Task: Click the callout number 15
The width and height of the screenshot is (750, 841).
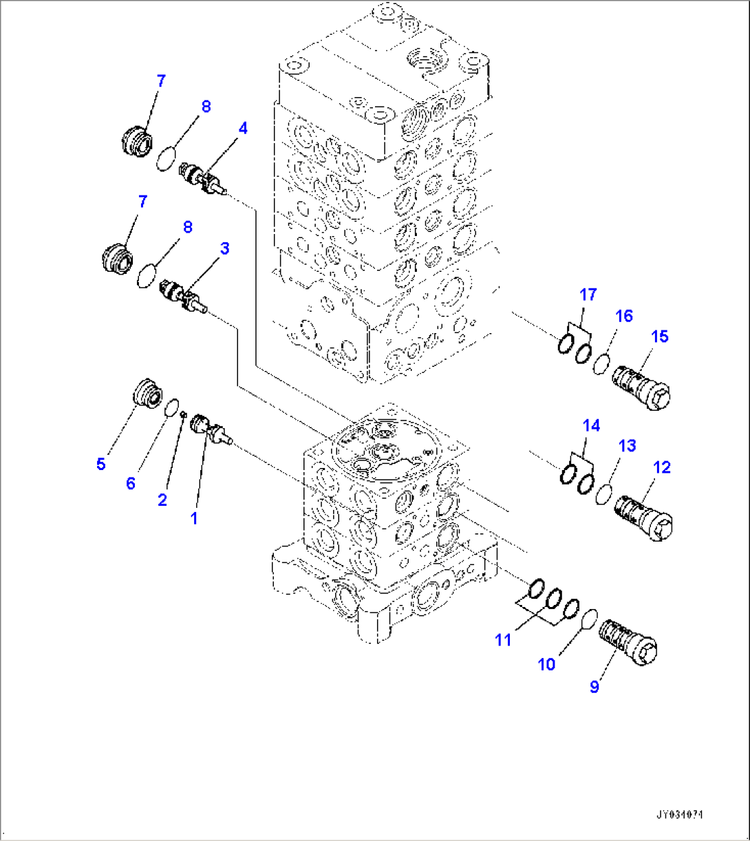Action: pyautogui.click(x=659, y=337)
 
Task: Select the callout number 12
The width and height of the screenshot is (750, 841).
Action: pyautogui.click(x=661, y=467)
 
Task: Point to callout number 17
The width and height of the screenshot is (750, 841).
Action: pyautogui.click(x=588, y=295)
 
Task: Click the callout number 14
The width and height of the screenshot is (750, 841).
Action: pyautogui.click(x=591, y=426)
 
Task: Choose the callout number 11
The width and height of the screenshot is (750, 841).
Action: pyautogui.click(x=503, y=639)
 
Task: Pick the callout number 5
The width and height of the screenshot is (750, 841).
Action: pyautogui.click(x=101, y=464)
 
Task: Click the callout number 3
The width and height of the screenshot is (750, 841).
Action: pyautogui.click(x=224, y=248)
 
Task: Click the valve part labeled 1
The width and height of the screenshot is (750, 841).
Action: pyautogui.click(x=210, y=428)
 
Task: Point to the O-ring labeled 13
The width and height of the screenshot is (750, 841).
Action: pyautogui.click(x=603, y=494)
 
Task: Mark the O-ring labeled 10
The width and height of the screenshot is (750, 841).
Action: pyautogui.click(x=589, y=619)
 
